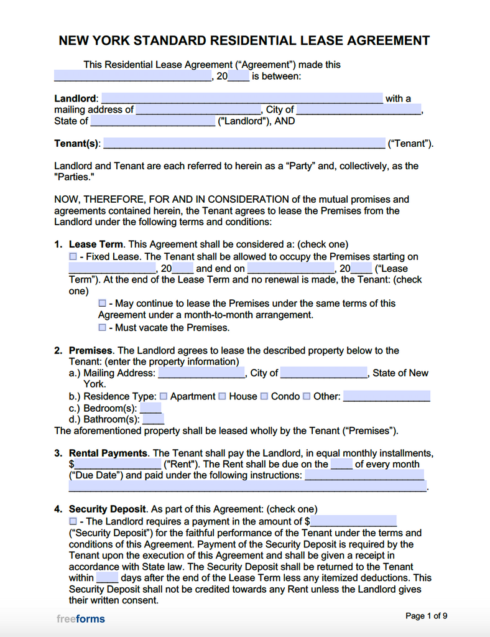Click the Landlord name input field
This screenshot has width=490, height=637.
[242, 98]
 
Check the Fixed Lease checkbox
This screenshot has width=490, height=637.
[73, 256]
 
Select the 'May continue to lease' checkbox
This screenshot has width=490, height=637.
[102, 303]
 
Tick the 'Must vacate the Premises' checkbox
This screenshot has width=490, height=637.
[102, 327]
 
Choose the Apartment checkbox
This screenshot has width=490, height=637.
[164, 396]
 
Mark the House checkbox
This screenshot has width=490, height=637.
[222, 396]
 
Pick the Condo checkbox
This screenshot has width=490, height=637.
[264, 396]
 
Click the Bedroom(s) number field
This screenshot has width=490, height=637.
[150, 408]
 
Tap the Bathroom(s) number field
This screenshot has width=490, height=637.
[154, 419]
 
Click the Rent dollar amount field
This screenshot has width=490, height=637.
[118, 464]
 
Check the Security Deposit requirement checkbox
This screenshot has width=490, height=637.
[73, 521]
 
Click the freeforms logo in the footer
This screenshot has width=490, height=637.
[80, 619]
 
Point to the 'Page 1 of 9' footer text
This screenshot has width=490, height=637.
[426, 616]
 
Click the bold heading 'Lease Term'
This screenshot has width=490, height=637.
[96, 244]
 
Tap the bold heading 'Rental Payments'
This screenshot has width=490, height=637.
[108, 453]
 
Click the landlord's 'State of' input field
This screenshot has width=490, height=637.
[152, 121]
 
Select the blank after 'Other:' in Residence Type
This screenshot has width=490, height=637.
[386, 396]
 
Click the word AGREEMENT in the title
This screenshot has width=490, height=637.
[383, 41]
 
